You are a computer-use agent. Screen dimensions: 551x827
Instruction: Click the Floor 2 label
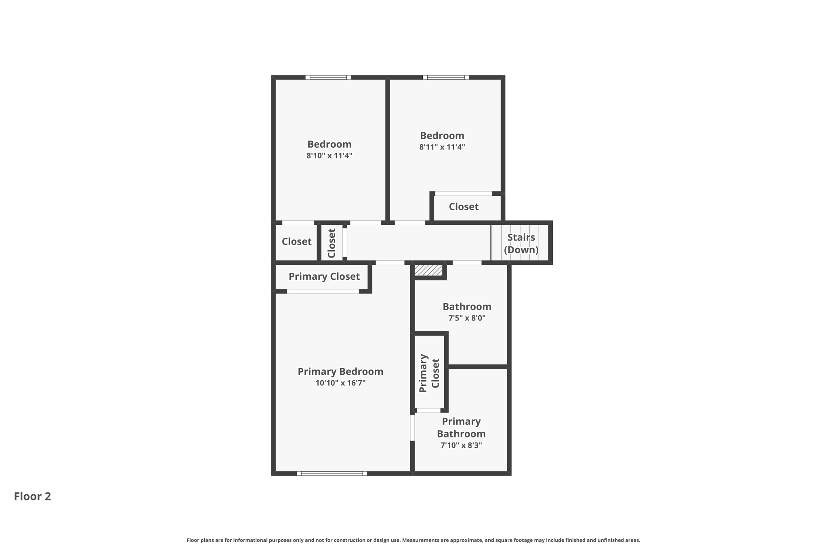click(32, 496)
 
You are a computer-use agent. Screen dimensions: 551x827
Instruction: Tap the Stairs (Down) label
click(521, 243)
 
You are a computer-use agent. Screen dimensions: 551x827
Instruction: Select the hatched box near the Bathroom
click(428, 270)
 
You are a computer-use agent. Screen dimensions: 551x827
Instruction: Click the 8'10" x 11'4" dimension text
click(329, 156)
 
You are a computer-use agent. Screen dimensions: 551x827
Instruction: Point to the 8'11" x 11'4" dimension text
click(442, 147)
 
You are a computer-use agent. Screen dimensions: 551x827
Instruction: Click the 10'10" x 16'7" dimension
click(340, 383)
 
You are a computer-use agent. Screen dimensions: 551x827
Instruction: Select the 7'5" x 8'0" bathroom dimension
click(467, 318)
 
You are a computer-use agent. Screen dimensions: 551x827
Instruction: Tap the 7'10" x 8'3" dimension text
click(461, 446)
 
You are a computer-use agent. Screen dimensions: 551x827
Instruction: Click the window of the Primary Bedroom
click(332, 473)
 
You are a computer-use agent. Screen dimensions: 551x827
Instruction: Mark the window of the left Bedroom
click(328, 78)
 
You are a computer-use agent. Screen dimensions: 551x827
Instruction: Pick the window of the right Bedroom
click(446, 78)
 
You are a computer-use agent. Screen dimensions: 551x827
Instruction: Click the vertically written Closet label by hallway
click(332, 243)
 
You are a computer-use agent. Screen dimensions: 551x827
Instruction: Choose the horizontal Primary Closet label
click(324, 277)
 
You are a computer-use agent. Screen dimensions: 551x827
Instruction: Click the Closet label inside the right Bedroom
click(464, 207)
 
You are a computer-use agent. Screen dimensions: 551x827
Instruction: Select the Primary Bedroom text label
click(340, 371)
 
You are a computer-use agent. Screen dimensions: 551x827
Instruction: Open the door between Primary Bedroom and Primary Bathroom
click(412, 427)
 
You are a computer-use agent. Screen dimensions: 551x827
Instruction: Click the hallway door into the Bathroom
click(467, 263)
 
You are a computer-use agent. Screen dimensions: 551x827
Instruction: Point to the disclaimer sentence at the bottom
click(413, 540)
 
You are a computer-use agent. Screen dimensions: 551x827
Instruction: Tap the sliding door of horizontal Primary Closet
click(323, 291)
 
